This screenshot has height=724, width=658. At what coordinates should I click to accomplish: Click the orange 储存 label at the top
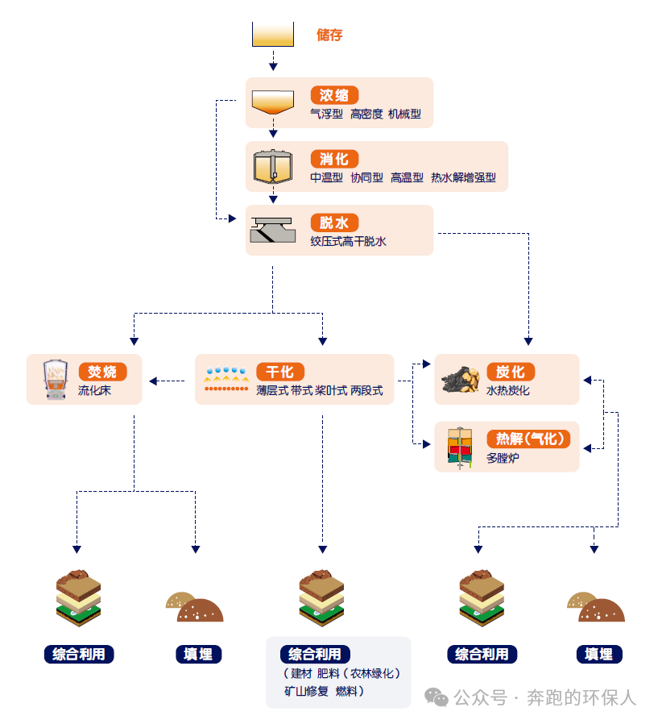click(x=330, y=35)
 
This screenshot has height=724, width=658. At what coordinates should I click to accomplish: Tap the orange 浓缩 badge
click(x=334, y=94)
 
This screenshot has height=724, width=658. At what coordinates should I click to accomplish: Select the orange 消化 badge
click(x=334, y=159)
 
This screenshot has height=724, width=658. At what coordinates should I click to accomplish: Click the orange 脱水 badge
click(x=334, y=223)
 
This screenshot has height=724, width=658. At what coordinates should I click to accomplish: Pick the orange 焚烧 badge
click(x=102, y=372)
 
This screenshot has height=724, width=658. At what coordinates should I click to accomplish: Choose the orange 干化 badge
click(x=280, y=372)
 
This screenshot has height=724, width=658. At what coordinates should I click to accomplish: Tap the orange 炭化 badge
click(x=511, y=372)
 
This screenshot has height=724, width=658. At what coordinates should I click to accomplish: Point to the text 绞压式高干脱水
click(x=349, y=241)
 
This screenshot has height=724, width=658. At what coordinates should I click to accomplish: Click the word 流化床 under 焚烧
click(x=94, y=390)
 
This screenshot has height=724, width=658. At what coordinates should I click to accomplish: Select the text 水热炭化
click(x=508, y=390)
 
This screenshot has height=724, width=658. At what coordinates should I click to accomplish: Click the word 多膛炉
click(x=503, y=458)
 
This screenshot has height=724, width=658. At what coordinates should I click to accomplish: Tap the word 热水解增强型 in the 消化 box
click(x=463, y=177)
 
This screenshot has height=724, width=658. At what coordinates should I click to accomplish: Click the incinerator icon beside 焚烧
click(x=56, y=380)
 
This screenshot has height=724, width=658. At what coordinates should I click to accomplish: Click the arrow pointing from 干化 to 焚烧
click(x=166, y=381)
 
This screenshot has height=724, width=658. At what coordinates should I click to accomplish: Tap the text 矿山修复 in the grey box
click(x=306, y=691)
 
